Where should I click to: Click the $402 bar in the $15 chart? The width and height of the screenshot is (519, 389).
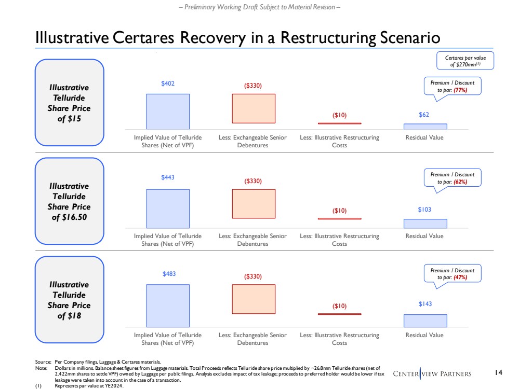[168, 111]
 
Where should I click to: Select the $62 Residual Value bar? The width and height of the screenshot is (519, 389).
[425, 126]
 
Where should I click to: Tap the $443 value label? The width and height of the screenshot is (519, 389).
[168, 177]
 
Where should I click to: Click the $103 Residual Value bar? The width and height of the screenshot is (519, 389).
[425, 224]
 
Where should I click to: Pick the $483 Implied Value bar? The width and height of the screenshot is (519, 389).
[168, 305]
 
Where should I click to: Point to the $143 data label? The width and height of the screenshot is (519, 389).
[425, 304]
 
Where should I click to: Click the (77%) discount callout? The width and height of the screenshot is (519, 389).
[452, 86]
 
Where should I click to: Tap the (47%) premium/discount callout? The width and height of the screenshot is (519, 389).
[452, 273]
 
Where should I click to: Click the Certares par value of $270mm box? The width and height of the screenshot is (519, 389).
[464, 60]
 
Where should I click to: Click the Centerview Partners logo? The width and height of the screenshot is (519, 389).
[432, 373]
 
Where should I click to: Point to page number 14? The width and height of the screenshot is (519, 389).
[499, 372]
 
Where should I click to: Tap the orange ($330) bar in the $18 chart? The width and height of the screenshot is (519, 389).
[254, 299]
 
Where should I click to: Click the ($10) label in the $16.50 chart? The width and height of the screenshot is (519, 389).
[339, 211]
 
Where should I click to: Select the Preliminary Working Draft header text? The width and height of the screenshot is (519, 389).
[259, 7]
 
